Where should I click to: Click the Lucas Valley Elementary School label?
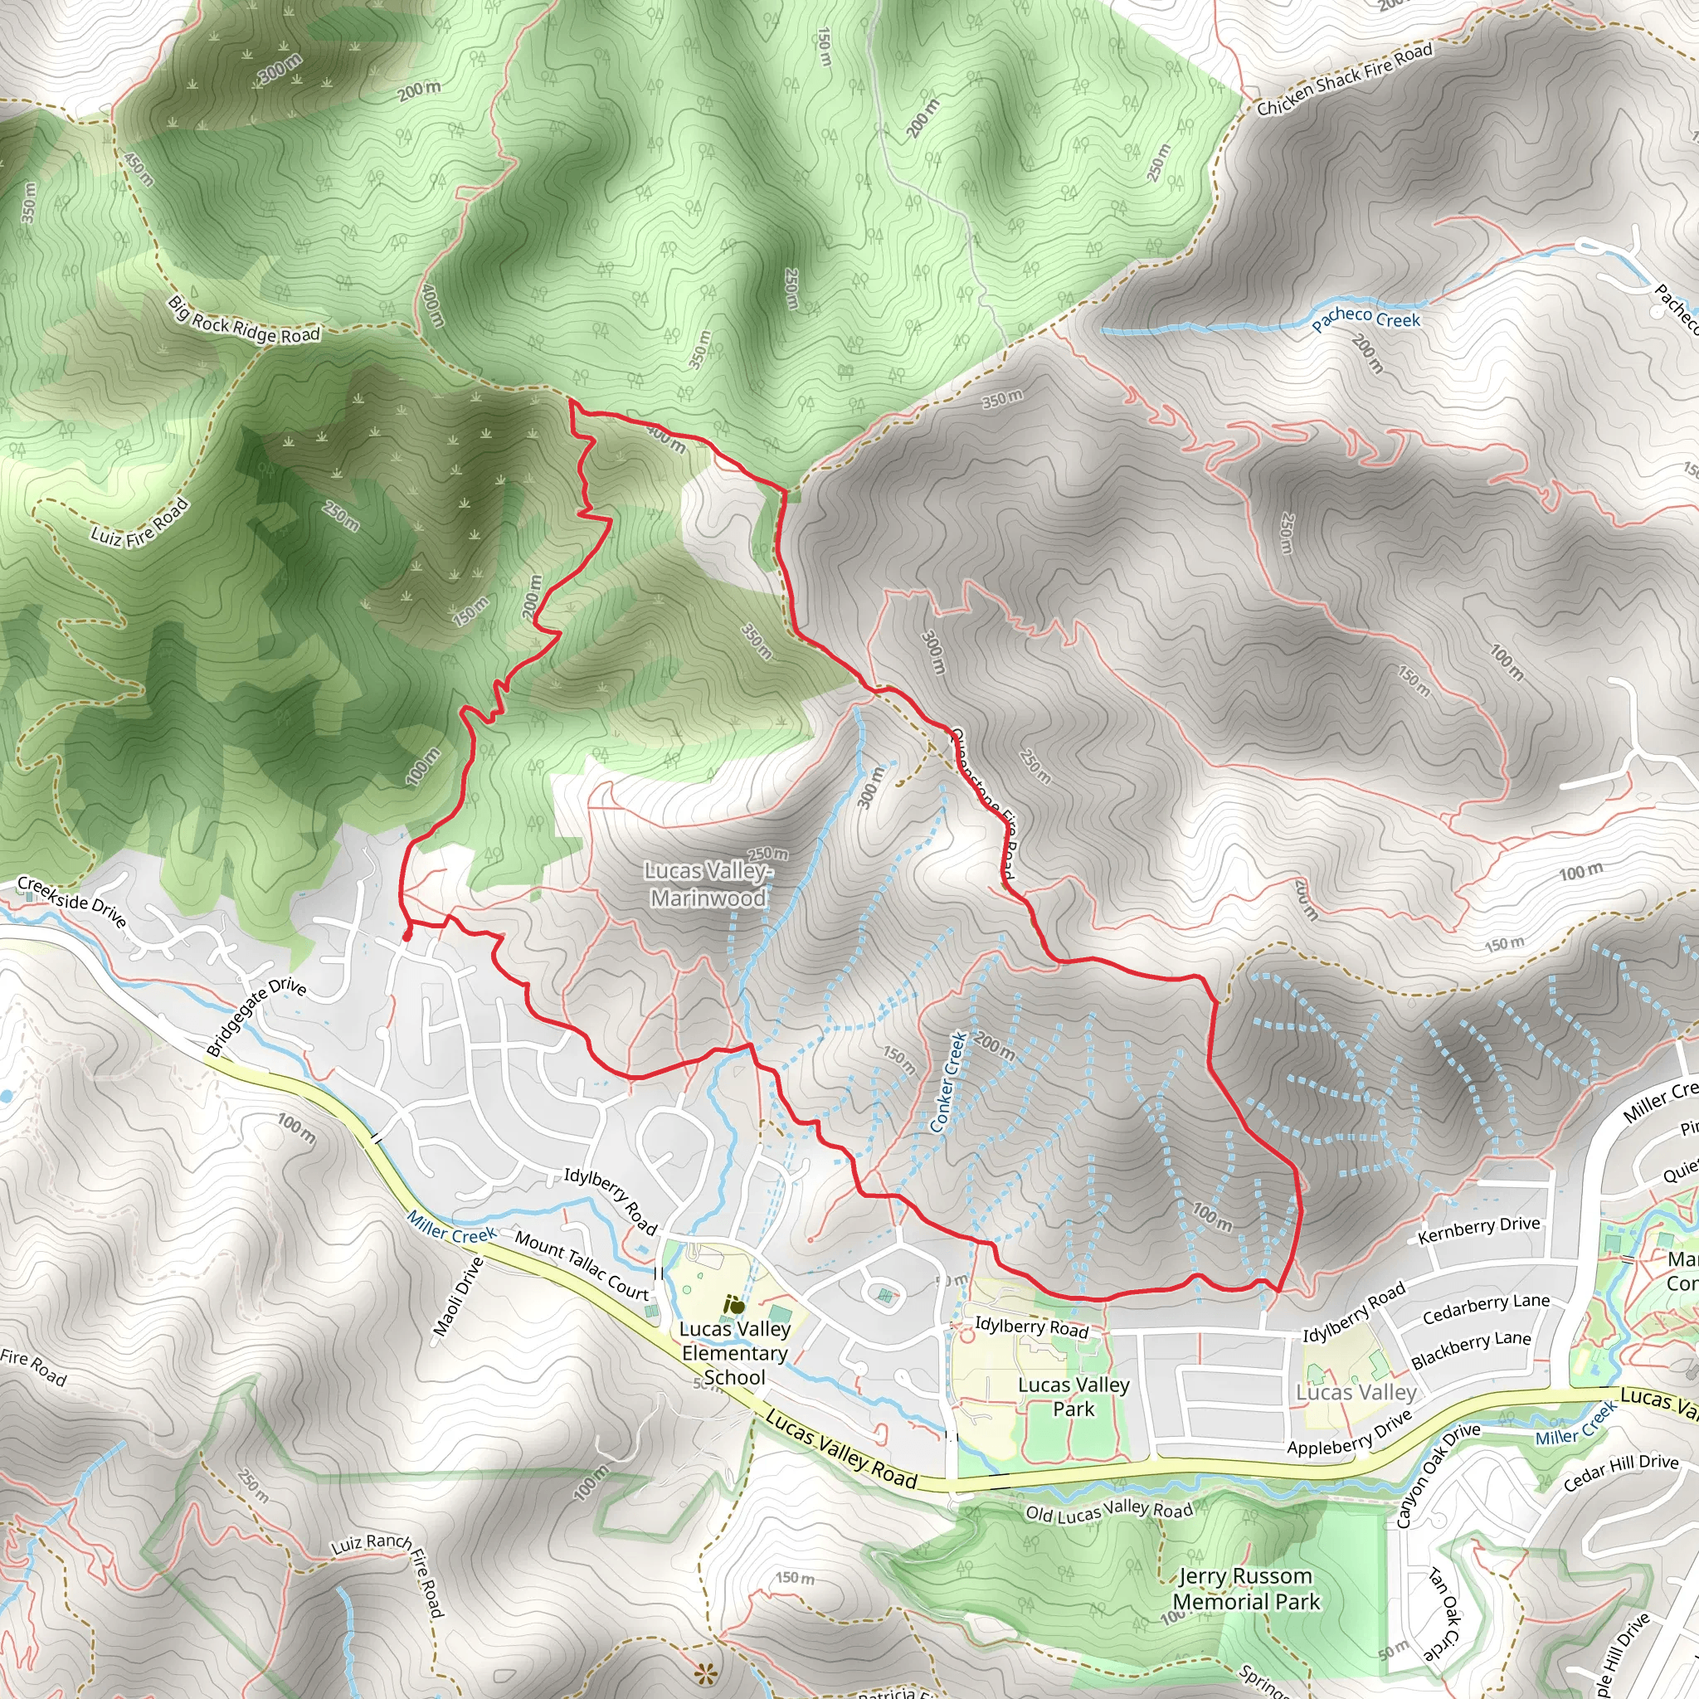735,1352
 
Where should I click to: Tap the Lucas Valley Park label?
1073,1396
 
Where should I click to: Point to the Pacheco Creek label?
1366,319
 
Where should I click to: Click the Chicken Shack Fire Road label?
1345,80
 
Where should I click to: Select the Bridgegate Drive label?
256,1016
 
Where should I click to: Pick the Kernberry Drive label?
1479,1229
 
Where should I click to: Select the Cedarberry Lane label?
1486,1309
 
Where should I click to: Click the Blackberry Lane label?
1471,1349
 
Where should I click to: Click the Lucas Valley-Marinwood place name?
708,884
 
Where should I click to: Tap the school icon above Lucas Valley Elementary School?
734,1306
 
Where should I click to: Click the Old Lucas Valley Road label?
1109,1512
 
